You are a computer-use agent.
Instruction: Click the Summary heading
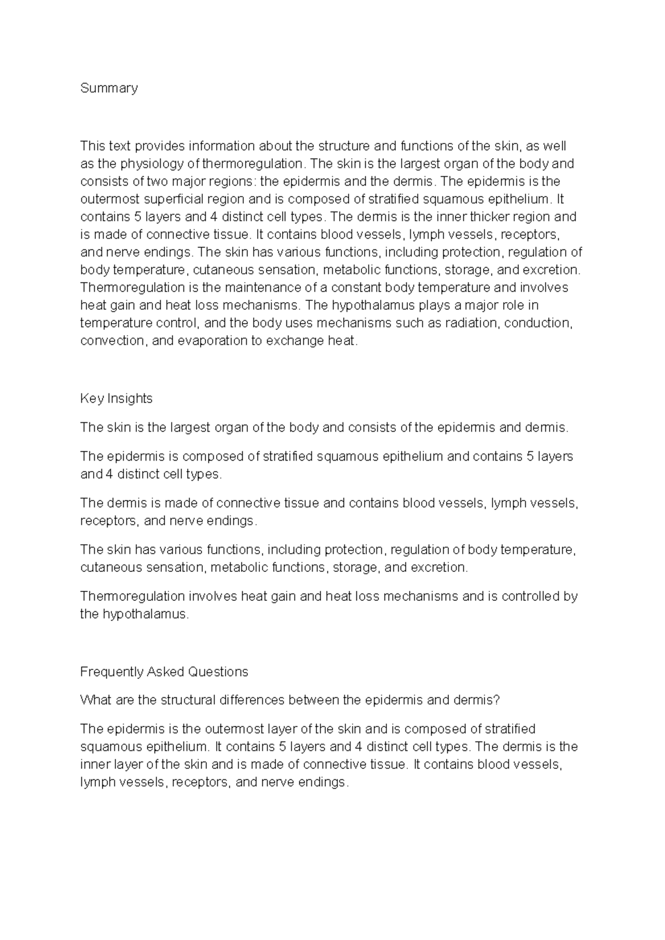(x=109, y=88)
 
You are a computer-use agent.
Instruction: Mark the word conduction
(x=538, y=323)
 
